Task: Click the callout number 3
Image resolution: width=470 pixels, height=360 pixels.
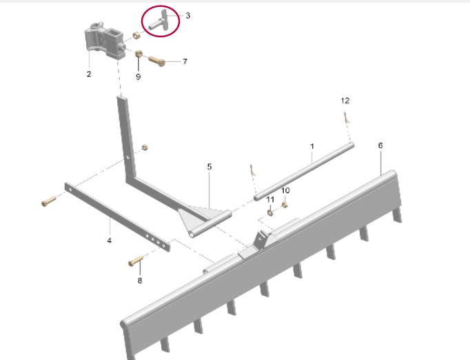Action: pos(187,15)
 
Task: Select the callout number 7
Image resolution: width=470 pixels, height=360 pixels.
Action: pos(185,61)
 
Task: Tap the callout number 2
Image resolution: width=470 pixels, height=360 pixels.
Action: pos(89,74)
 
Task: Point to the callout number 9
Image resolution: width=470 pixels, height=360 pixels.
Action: pos(139,77)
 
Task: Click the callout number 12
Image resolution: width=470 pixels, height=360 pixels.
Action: pos(345,101)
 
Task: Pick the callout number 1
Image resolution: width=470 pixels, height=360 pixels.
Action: pos(312,146)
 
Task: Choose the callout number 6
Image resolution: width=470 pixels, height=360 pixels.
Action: pos(380,146)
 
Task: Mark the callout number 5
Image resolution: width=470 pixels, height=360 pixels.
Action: pos(210,166)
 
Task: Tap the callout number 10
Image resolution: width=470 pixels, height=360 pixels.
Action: pos(285,190)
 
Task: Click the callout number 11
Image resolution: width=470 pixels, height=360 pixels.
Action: pos(270,199)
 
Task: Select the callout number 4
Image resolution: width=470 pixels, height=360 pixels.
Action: pos(110,240)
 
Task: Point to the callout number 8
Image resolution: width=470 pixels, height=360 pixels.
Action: pos(140,281)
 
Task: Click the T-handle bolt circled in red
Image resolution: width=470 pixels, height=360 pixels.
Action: pos(161,21)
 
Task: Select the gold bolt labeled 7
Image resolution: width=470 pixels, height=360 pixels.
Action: pos(156,61)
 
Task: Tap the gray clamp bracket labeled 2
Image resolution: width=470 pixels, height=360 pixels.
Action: pos(104,41)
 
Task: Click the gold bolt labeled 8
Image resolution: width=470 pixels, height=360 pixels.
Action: pos(136,261)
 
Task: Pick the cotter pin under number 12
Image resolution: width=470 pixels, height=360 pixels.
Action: pos(346,117)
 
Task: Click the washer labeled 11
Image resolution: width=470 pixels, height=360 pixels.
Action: pos(270,212)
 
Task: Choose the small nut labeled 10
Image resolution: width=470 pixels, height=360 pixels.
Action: pos(285,205)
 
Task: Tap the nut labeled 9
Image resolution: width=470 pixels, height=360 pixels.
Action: pos(139,54)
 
